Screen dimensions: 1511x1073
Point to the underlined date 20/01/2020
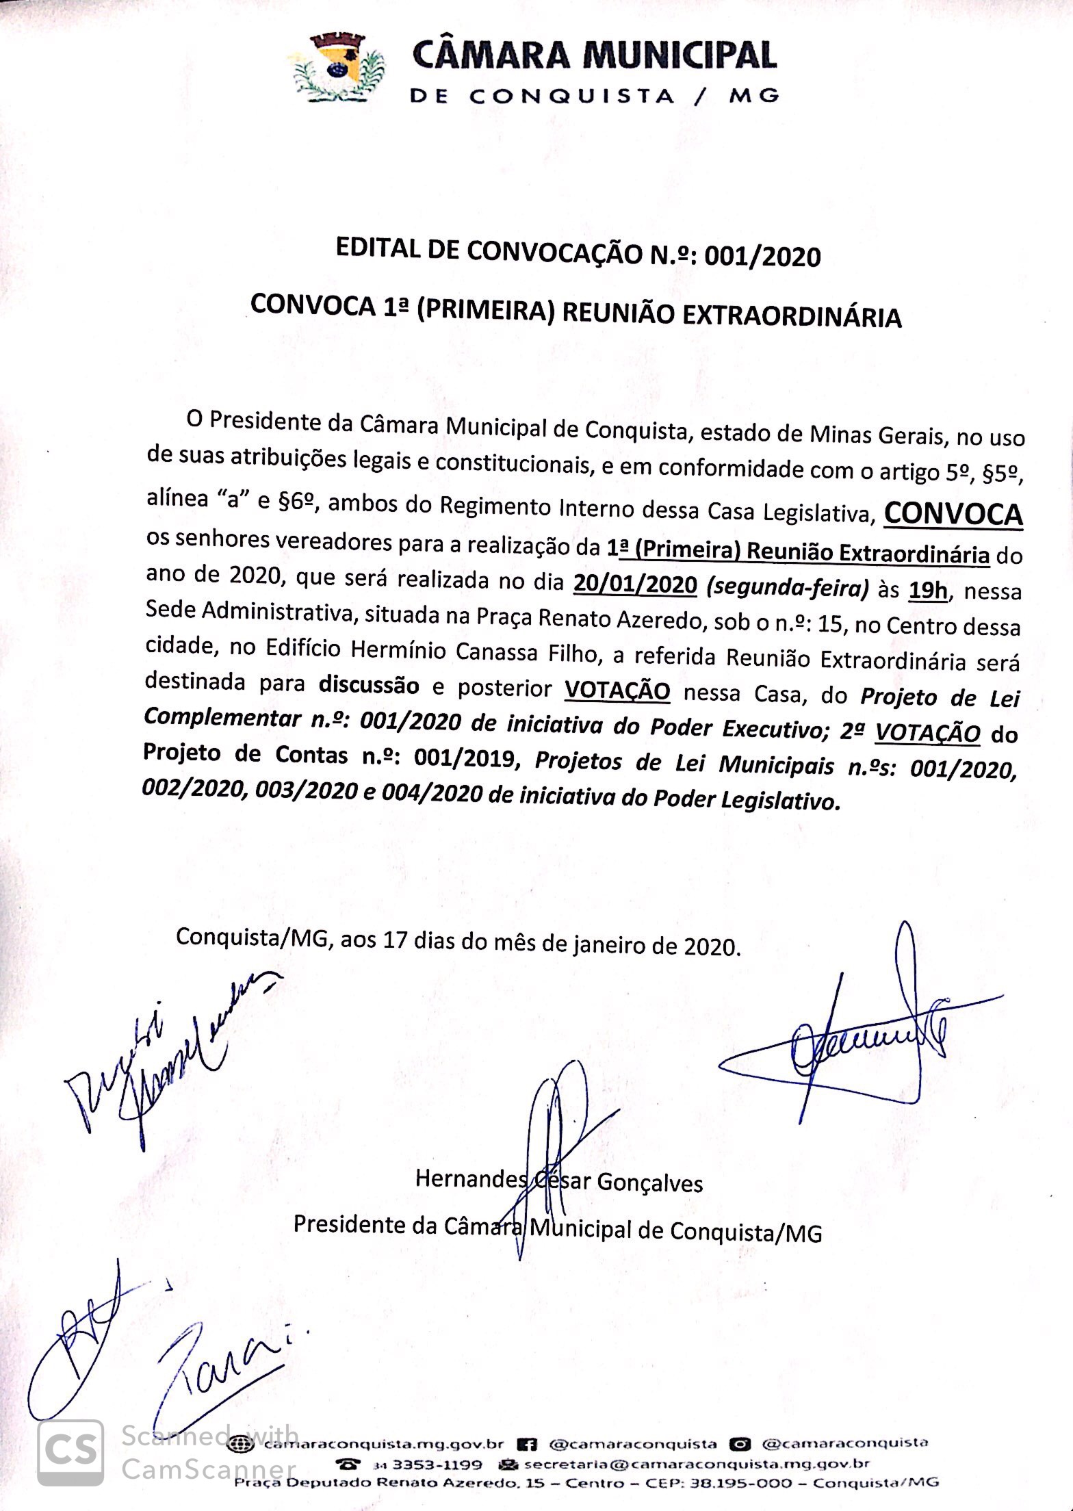click(x=636, y=584)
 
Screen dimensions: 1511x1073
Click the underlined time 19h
click(x=928, y=589)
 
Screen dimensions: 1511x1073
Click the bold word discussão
click(x=369, y=685)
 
